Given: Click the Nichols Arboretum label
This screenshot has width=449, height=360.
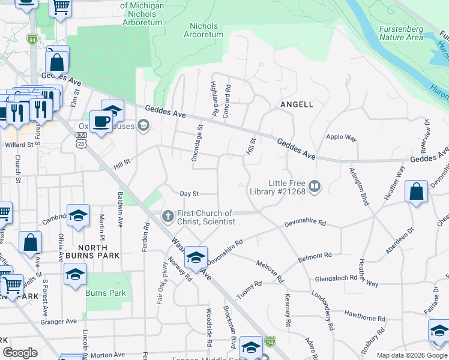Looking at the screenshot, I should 206,31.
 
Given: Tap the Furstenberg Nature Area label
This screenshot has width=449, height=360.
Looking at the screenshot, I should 401,32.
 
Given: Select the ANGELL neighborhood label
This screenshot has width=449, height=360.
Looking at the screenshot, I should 297,104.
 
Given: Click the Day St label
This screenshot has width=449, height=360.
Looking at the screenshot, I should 189,193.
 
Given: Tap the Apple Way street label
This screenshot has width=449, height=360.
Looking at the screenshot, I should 341,137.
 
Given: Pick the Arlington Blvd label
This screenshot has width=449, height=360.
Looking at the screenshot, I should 363,185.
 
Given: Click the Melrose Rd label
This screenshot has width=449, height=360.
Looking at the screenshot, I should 270,271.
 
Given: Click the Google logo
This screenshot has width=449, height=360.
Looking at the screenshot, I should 20,352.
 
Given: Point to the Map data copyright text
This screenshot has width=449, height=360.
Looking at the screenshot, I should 411,355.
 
